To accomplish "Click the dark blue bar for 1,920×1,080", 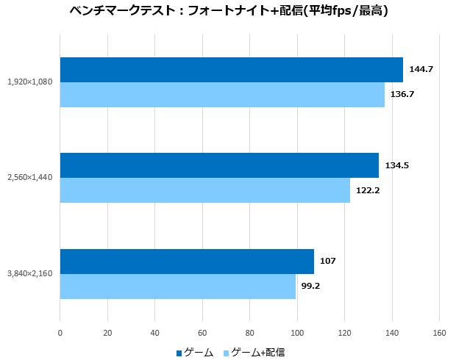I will [x=231, y=70].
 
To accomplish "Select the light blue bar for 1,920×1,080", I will [x=222, y=95].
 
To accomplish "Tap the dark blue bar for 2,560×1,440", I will [x=219, y=165].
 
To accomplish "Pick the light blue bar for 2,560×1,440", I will [x=204, y=190].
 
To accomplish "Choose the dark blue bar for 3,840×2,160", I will [x=187, y=261].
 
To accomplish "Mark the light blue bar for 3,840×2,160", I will [x=177, y=286].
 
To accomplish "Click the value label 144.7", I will [x=421, y=70].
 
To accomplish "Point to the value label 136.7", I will [x=402, y=95].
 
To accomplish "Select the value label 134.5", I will [x=396, y=165].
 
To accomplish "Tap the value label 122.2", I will [x=368, y=190].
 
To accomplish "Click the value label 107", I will [x=328, y=261].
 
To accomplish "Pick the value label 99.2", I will [x=310, y=286].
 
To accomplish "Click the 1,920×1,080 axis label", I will [x=29, y=82].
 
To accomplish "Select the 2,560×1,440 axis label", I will [x=29, y=178].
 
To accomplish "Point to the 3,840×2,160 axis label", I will [x=29, y=273].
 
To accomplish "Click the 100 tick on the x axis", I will [x=297, y=333].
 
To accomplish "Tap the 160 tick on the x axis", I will [x=439, y=333].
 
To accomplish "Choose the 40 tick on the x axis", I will [x=154, y=333].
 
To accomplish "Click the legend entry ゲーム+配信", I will [x=253, y=353].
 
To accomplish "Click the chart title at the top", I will [x=228, y=12].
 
